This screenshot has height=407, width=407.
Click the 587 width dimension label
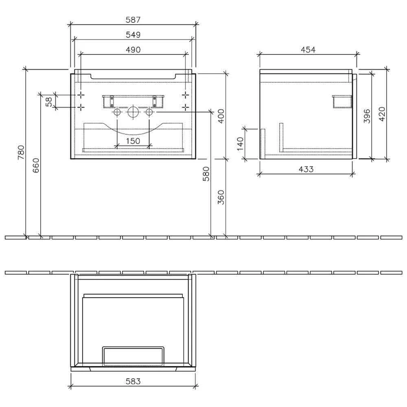[133, 20]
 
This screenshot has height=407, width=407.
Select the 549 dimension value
[133, 35]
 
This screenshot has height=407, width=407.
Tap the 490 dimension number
[133, 50]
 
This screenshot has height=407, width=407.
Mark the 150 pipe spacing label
[133, 141]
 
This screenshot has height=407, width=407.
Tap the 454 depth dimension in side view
[308, 50]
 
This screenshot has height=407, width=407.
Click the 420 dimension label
[381, 114]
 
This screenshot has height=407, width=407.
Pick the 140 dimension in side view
[240, 144]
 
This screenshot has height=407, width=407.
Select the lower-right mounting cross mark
[186, 107]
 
